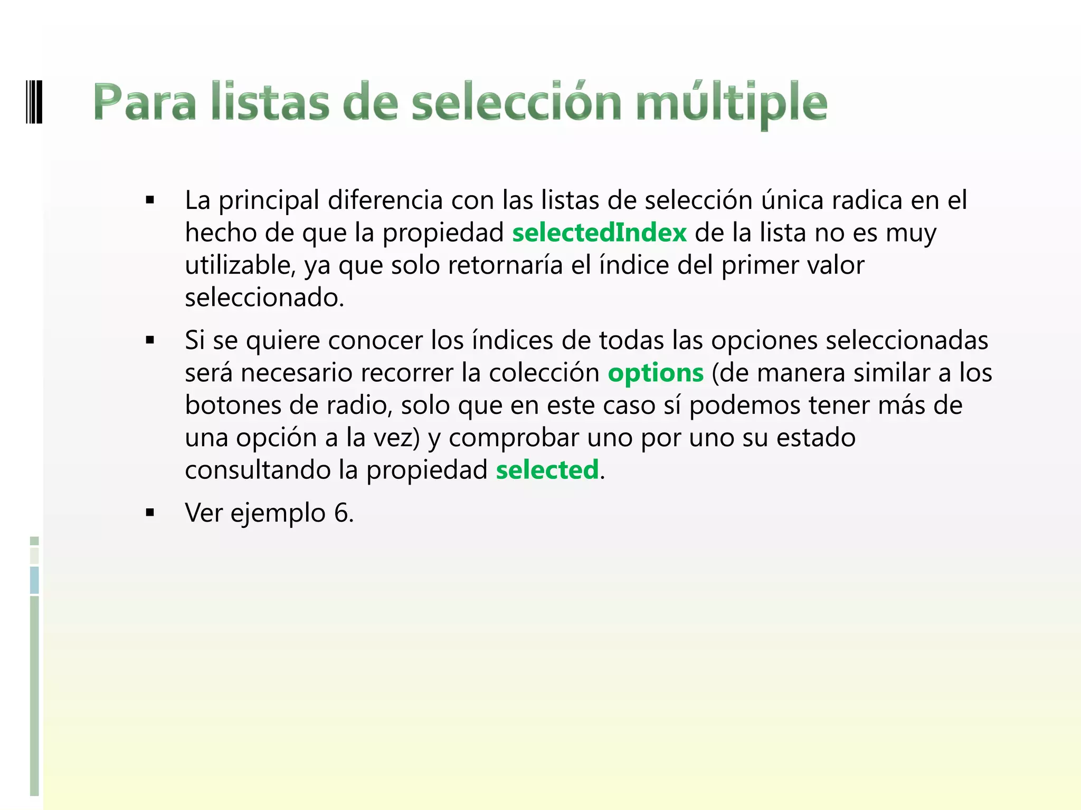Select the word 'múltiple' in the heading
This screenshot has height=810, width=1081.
732,103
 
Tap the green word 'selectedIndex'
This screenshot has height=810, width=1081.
599,233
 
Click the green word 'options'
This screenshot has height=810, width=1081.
656,373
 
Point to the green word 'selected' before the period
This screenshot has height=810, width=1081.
547,470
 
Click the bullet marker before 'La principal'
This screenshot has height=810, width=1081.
150,200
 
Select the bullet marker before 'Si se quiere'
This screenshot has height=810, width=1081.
150,341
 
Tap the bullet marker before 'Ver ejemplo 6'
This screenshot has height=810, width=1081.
150,513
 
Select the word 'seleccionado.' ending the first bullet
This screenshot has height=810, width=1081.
264,298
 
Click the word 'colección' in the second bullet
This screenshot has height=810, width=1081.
544,373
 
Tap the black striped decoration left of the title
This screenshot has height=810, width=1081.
33,101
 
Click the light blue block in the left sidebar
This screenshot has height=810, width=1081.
34,580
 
